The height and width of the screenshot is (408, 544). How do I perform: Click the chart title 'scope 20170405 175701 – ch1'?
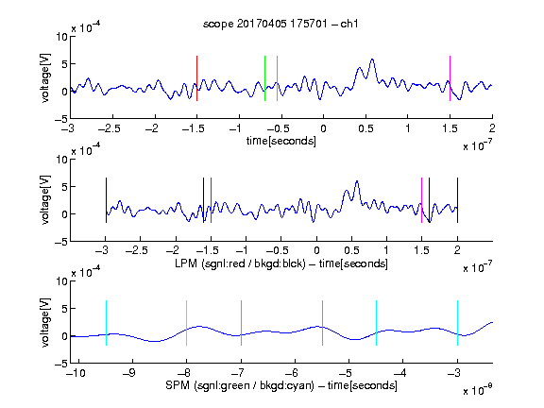280,24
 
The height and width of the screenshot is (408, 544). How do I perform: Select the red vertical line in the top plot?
196,78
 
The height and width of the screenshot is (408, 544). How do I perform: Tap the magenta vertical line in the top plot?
450,78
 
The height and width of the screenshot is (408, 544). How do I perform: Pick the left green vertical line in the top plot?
264,78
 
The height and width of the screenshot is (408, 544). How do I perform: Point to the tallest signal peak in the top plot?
372,59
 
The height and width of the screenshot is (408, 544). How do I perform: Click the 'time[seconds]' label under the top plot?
281,142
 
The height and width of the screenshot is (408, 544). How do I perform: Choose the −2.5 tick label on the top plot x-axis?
110,129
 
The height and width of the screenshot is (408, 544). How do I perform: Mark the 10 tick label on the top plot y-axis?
62,37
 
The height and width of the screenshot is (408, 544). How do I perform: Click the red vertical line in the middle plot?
211,200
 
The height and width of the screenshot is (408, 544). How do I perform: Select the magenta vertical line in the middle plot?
421,200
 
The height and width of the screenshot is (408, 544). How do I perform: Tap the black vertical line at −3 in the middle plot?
106,200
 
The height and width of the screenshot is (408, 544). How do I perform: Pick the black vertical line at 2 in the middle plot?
457,200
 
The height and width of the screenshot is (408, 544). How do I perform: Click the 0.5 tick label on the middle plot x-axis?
351,250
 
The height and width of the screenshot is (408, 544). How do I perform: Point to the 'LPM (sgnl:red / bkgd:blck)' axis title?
240,263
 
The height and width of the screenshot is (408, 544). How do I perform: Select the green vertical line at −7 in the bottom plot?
241,323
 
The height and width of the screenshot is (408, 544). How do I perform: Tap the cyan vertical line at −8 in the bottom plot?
186,323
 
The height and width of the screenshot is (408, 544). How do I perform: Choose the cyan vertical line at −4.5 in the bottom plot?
377,323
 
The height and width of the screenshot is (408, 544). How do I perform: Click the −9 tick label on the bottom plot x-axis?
129,373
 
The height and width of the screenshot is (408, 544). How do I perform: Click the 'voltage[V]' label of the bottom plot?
45,322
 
